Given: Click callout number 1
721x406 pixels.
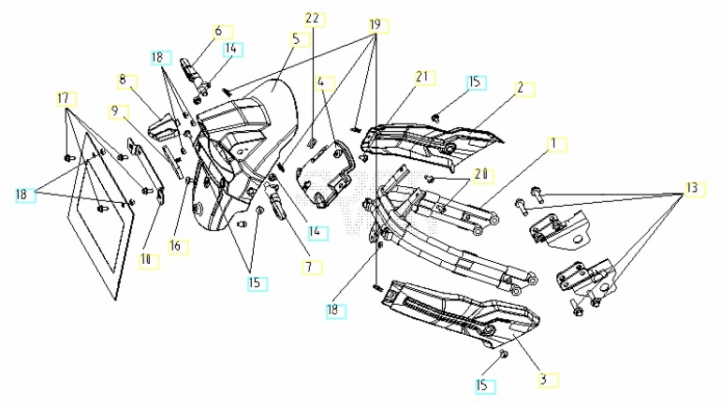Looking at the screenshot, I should click(552, 144).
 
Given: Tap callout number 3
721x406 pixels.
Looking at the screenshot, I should click(541, 380).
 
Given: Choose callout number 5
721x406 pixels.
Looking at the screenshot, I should click(295, 39).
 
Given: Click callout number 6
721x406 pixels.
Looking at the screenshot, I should click(218, 31).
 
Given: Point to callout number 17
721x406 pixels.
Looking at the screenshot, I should click(63, 98).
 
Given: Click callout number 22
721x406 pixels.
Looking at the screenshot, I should click(312, 19).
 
